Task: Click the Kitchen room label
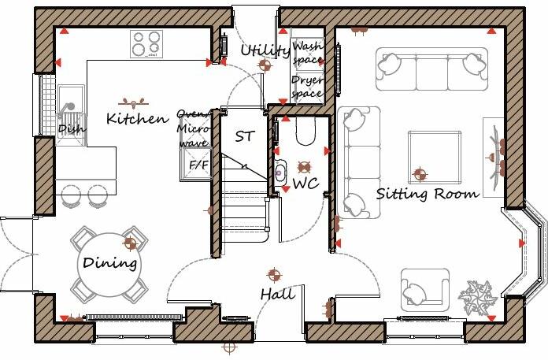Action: pyautogui.click(x=137, y=119)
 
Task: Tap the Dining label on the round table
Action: pyautogui.click(x=110, y=263)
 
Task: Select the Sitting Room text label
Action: pyautogui.click(x=427, y=193)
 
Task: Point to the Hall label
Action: pyautogui.click(x=278, y=295)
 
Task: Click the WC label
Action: pyautogui.click(x=305, y=184)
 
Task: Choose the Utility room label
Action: pyautogui.click(x=265, y=51)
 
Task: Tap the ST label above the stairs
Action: pyautogui.click(x=245, y=136)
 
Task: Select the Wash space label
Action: pyautogui.click(x=307, y=54)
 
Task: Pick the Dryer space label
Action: pyautogui.click(x=307, y=87)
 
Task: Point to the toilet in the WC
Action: pyautogui.click(x=304, y=132)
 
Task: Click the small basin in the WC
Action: pyautogui.click(x=280, y=169)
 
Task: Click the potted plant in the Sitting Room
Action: pyautogui.click(x=479, y=299)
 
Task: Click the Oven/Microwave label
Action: pyautogui.click(x=193, y=128)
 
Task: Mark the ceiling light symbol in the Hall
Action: pyautogui.click(x=274, y=275)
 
